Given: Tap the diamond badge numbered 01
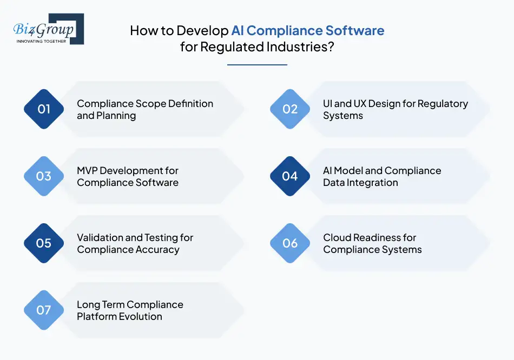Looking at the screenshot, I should [x=44, y=109].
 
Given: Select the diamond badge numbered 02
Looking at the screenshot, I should [x=290, y=109].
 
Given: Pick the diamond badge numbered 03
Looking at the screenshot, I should [x=44, y=176].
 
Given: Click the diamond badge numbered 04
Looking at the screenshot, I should [x=290, y=176].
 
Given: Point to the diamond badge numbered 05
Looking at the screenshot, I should [x=44, y=243].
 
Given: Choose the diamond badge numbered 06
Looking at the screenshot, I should [x=290, y=243].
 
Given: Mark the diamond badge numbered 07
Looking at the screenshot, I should [x=44, y=310].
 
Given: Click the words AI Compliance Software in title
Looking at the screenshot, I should [x=308, y=30].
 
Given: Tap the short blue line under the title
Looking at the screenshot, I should [x=257, y=65].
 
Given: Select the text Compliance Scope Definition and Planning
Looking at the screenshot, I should [x=144, y=109].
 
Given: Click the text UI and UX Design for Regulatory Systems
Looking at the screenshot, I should [x=395, y=109].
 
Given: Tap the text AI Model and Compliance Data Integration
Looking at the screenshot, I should [x=382, y=176].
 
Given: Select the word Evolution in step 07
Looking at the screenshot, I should [x=140, y=317].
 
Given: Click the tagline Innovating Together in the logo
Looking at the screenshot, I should [x=41, y=41].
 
